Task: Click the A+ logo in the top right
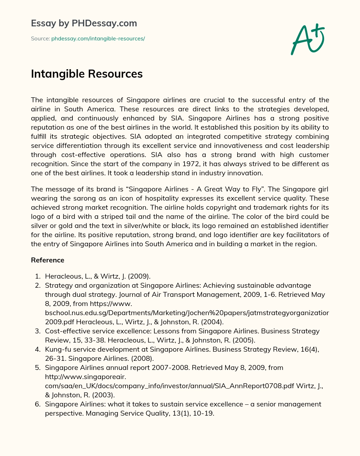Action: click(308, 39)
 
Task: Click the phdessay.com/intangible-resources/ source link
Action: click(98, 39)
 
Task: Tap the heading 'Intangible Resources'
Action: click(87, 74)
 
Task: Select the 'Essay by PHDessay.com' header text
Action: click(84, 23)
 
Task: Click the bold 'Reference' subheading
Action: click(47, 260)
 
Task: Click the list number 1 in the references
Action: click(38, 276)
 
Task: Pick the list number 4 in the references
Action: click(38, 349)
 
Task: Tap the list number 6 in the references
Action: click(38, 404)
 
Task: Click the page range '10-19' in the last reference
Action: click(203, 413)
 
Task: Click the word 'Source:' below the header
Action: click(40, 39)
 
